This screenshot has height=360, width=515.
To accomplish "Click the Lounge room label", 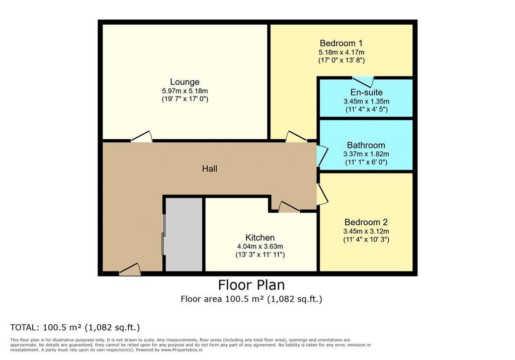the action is (185, 82).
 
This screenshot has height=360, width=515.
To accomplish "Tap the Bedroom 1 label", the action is (341, 43).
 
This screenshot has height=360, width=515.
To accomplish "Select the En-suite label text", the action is (366, 93).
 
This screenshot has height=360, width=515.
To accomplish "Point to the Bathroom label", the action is (366, 145).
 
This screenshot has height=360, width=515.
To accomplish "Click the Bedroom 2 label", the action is (366, 222).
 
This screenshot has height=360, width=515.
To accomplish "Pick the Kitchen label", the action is (260, 237).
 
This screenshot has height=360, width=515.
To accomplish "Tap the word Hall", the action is (210, 169).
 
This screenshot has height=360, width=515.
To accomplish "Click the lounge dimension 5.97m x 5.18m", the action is (185, 91).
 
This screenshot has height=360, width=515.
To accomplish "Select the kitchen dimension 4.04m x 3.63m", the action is (260, 246).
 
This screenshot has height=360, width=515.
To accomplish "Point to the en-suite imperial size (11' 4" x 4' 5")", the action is (366, 110).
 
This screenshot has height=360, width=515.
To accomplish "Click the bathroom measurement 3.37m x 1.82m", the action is (366, 154).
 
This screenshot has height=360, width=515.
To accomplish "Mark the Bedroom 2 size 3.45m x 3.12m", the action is (366, 231).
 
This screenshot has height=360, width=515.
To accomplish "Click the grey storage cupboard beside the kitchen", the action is (184, 234).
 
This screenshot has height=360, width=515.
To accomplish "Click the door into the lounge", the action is (141, 137).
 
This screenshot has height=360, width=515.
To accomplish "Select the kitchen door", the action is (289, 207).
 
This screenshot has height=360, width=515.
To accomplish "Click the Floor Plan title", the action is (251, 285).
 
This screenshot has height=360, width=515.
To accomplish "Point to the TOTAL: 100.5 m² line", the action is (75, 327).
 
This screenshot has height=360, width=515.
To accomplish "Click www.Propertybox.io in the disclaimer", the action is (182, 350).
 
